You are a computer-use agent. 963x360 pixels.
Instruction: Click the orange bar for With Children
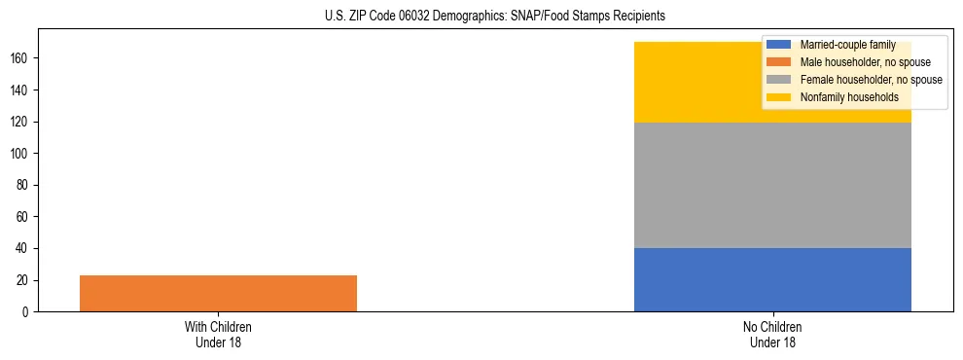(x=218, y=293)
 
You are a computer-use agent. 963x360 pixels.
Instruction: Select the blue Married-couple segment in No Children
(x=772, y=279)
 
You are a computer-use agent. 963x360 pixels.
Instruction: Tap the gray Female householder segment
(x=772, y=185)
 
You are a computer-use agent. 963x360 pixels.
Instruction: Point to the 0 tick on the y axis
(x=29, y=312)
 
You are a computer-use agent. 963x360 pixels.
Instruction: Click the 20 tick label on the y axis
(x=26, y=280)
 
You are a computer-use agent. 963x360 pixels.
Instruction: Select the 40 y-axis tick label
(x=26, y=249)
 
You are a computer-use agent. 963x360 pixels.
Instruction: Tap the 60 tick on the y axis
(x=26, y=217)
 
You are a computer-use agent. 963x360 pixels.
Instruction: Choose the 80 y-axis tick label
(x=26, y=185)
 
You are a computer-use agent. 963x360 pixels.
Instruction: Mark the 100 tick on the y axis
(x=23, y=154)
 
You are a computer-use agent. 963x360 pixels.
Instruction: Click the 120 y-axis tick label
(x=23, y=122)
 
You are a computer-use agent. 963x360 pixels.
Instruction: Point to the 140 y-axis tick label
(x=23, y=90)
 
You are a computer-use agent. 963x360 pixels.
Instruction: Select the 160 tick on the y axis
(x=23, y=58)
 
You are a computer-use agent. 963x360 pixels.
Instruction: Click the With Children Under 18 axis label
(x=218, y=334)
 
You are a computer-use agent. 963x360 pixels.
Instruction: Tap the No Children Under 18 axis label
(x=772, y=334)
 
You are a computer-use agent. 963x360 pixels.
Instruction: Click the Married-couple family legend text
(x=847, y=45)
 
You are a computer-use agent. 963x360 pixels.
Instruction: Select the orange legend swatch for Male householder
(x=778, y=62)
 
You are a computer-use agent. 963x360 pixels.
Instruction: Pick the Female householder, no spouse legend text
(x=871, y=80)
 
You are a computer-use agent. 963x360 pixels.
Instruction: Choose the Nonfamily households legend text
(x=849, y=97)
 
